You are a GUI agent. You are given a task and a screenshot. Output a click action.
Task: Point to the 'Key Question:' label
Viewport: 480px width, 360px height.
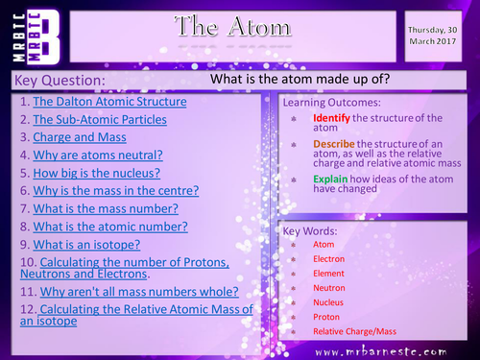(x=56, y=80)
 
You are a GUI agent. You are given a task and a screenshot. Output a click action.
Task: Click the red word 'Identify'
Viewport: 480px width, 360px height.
(x=330, y=118)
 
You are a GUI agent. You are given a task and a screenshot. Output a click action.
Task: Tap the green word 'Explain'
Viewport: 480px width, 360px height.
(x=329, y=179)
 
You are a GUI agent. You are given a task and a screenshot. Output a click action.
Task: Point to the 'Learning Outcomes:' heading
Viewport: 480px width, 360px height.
(x=331, y=102)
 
